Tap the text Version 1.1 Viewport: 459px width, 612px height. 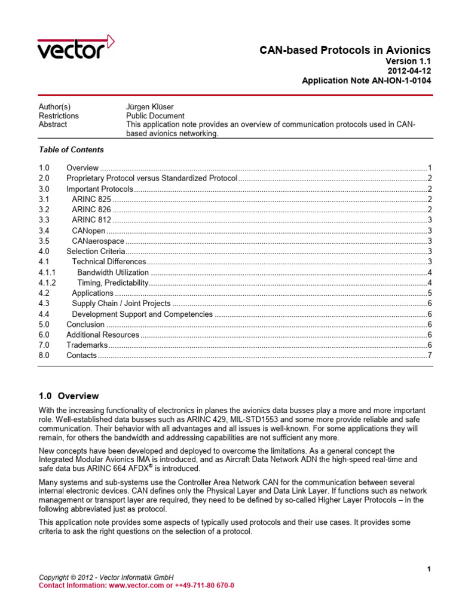(409, 61)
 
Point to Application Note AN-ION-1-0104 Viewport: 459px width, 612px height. (366, 81)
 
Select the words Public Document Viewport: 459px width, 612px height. (155, 115)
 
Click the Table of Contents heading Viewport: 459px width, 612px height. (71, 149)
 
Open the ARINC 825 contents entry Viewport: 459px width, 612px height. (91, 199)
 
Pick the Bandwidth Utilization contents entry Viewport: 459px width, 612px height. (113, 272)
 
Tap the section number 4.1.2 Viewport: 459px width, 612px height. (47, 283)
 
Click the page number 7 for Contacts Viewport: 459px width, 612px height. (429, 356)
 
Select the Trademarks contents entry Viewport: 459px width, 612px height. (87, 345)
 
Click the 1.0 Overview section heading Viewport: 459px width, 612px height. (69, 396)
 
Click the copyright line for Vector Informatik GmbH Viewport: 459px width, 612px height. (106, 577)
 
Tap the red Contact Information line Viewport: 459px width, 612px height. (136, 586)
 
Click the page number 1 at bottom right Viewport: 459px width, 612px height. (429, 569)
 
